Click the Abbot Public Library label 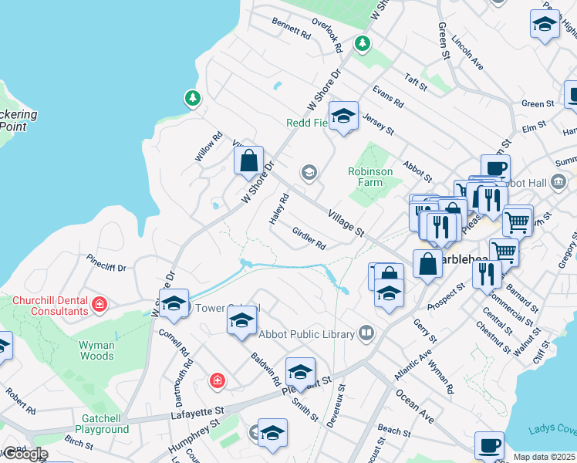pyautogui.click(x=307, y=334)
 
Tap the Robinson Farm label pyautogui.click(x=370, y=177)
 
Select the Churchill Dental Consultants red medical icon pyautogui.click(x=99, y=305)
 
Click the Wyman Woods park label pyautogui.click(x=96, y=351)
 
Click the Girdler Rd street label pyautogui.click(x=309, y=238)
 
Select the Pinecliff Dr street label pyautogui.click(x=106, y=262)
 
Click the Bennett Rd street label pyautogui.click(x=291, y=29)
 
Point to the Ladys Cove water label pyautogui.click(x=552, y=430)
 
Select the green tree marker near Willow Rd pyautogui.click(x=192, y=98)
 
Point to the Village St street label pyautogui.click(x=345, y=221)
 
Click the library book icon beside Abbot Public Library pyautogui.click(x=366, y=334)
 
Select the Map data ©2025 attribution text pyautogui.click(x=545, y=457)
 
